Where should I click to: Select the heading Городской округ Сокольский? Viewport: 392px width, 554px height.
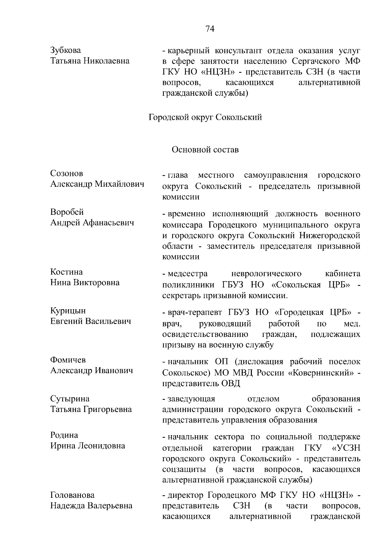(x=205, y=117)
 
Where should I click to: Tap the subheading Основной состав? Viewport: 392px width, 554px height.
(x=205, y=150)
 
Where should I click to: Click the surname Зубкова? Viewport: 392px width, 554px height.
(x=66, y=50)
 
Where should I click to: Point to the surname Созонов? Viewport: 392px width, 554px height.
(x=67, y=173)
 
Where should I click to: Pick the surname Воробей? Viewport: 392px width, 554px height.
(x=67, y=212)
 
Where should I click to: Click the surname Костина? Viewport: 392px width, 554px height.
(x=66, y=272)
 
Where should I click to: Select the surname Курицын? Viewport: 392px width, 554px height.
(x=68, y=311)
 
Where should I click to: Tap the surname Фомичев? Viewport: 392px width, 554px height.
(x=68, y=360)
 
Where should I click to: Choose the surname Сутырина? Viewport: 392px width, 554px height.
(x=70, y=399)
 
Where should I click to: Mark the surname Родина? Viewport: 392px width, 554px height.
(x=64, y=435)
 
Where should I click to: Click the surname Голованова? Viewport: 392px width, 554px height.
(x=72, y=495)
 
